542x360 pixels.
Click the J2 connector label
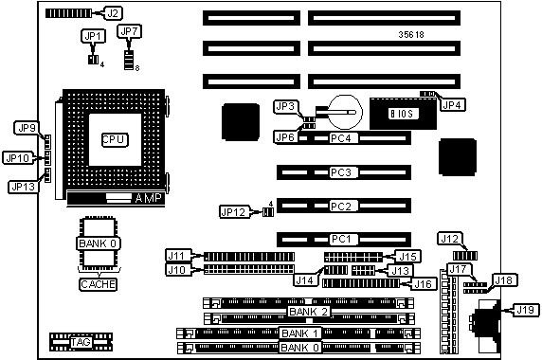point(113,13)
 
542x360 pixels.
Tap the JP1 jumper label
point(93,36)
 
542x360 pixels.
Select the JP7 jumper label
point(129,31)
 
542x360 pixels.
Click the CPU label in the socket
point(115,139)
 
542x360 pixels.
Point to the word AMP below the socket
point(148,198)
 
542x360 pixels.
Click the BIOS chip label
point(403,114)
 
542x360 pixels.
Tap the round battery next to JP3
point(345,112)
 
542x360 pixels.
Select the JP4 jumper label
point(453,104)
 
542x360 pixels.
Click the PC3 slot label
point(341,172)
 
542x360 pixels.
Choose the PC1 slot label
point(341,239)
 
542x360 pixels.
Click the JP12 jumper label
point(234,212)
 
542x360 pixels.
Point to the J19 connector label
point(525,310)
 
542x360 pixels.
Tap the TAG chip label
point(81,342)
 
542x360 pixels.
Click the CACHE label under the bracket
point(99,284)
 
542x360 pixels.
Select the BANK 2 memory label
point(308,312)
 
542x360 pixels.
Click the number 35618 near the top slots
point(411,34)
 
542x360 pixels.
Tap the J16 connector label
point(424,284)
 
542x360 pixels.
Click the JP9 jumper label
point(27,128)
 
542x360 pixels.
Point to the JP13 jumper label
point(23,187)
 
